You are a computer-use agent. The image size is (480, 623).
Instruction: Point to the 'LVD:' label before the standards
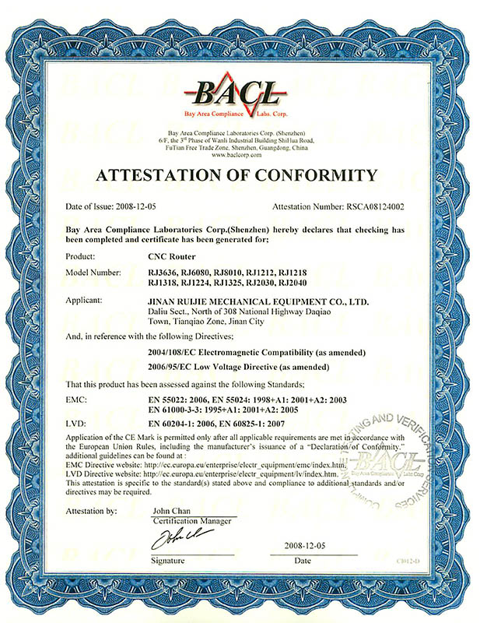pyautogui.click(x=76, y=423)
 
